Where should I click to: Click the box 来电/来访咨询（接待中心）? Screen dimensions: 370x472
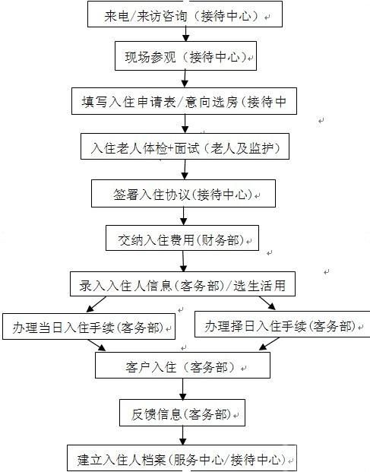(185, 14)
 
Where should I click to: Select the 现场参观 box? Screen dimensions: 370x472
(185, 56)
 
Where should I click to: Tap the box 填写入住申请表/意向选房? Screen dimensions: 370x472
(184, 101)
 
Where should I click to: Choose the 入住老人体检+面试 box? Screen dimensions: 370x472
(185, 146)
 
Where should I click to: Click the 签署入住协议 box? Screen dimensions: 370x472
(183, 194)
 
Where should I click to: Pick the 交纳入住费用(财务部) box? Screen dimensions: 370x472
(182, 238)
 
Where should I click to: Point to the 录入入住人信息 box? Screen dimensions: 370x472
(182, 284)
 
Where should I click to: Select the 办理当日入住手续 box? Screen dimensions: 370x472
(89, 327)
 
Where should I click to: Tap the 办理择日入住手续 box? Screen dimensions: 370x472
(282, 324)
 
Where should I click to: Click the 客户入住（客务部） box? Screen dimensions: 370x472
(182, 365)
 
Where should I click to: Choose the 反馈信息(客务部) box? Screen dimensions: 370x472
(182, 413)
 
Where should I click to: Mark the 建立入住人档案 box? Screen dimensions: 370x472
(182, 458)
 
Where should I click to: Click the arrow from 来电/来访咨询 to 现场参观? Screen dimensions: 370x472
(186, 34)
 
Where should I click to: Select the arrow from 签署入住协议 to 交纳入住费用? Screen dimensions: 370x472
(184, 216)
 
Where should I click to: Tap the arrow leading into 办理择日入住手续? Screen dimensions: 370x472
(267, 303)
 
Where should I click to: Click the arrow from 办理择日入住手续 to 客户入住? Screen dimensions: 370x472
(269, 344)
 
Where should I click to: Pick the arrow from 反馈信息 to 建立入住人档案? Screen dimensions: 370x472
(182, 436)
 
